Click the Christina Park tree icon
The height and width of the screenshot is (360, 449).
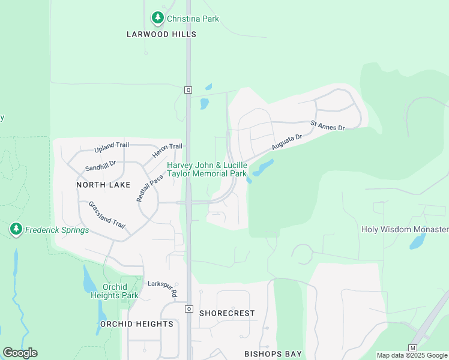click(158, 19)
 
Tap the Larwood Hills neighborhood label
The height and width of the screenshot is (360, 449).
click(161, 34)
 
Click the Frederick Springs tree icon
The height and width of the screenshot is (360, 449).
click(16, 230)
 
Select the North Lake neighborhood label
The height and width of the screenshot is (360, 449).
click(103, 185)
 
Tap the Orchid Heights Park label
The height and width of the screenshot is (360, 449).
click(115, 291)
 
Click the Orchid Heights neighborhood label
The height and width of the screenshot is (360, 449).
click(137, 324)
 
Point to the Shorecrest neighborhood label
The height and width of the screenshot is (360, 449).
click(227, 313)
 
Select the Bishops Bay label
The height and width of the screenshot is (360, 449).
click(273, 354)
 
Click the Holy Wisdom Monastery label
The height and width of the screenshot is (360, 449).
click(405, 229)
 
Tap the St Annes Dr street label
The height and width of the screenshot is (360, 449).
click(328, 125)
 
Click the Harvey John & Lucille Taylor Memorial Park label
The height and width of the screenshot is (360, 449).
click(207, 169)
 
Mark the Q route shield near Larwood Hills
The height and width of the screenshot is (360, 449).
click(188, 89)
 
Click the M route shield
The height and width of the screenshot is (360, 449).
click(412, 348)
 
